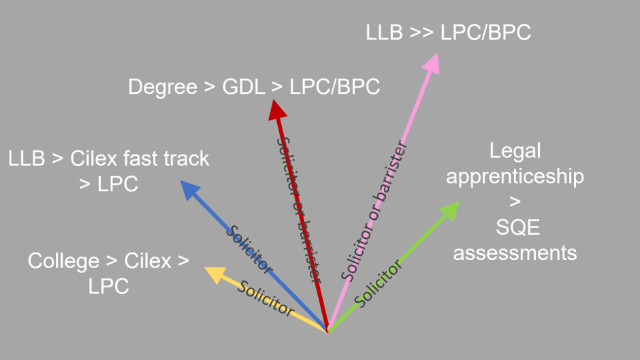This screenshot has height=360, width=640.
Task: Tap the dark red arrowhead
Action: tap(276, 110)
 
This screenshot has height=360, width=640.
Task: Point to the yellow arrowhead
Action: tap(214, 273)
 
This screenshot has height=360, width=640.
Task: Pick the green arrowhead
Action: tap(450, 210)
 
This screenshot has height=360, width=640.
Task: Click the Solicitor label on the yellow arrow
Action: tap(266, 299)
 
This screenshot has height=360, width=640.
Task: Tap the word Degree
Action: tap(161, 87)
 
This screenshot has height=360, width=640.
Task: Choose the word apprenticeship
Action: tap(515, 176)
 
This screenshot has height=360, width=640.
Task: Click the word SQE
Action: tap(515, 227)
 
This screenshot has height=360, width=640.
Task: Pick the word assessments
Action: tap(515, 252)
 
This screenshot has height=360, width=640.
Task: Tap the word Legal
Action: tap(515, 150)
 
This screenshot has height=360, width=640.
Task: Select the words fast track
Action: tap(166, 159)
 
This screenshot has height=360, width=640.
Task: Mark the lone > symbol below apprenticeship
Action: tap(515, 202)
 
